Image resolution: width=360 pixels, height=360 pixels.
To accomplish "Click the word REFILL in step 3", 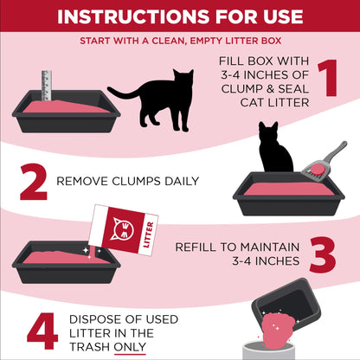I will coord(196,247).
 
